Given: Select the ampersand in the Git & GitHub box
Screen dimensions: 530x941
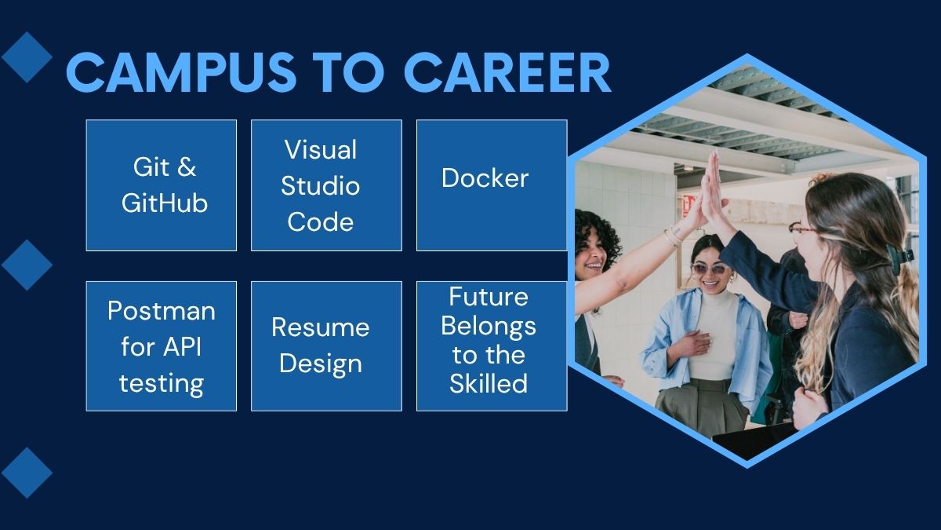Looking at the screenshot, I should (x=186, y=167).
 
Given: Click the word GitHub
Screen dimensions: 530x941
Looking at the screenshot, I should (x=165, y=203).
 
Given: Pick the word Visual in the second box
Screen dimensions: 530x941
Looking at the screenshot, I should (x=320, y=149).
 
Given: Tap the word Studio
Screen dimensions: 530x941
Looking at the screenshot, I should (x=320, y=186).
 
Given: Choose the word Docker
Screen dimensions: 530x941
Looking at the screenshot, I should (x=485, y=178).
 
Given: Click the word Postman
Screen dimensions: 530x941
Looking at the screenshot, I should (x=161, y=311).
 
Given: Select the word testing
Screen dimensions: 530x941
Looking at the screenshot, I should (x=161, y=383).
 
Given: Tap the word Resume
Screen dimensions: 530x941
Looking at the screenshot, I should (x=320, y=327).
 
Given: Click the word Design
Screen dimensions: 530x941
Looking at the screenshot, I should (x=320, y=364).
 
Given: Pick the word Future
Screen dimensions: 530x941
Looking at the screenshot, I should (x=488, y=297).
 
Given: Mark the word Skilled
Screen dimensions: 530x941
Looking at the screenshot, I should (x=488, y=383).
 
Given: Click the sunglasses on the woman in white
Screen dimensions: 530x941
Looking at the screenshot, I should (x=709, y=269).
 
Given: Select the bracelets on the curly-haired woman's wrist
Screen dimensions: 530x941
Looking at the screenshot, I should (x=673, y=235).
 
